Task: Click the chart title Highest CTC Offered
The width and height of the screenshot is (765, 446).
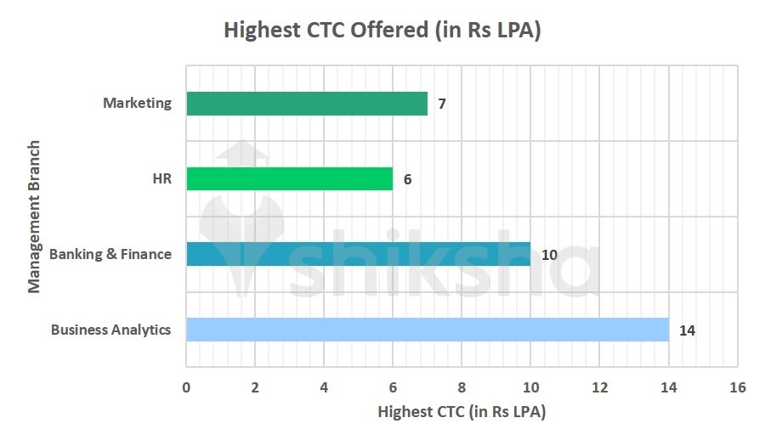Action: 382,30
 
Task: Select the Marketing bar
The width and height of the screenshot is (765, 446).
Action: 306,104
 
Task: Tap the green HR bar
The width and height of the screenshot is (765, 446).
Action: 289,179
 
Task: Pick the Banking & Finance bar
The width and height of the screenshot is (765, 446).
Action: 358,254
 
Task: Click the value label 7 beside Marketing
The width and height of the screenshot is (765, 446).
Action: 442,104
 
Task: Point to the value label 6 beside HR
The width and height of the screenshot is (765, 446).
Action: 408,180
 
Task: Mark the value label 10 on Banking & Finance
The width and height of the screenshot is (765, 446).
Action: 549,255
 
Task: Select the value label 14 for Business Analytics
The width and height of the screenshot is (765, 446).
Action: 687,330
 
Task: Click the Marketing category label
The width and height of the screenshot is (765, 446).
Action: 137,104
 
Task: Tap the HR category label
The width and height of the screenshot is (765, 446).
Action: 161,179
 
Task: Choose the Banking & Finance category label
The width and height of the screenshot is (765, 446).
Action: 110,254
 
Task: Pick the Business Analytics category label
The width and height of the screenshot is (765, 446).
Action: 110,330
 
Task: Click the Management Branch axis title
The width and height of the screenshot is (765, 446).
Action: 34,217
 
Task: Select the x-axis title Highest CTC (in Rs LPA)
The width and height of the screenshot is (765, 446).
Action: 462,413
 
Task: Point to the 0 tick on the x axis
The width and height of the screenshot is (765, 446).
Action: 186,387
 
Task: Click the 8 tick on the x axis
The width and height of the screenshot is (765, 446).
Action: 462,387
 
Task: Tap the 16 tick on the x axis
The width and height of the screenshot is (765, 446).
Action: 737,387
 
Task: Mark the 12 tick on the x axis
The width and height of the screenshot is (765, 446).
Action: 599,387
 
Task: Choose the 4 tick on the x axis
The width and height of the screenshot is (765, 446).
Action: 324,387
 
